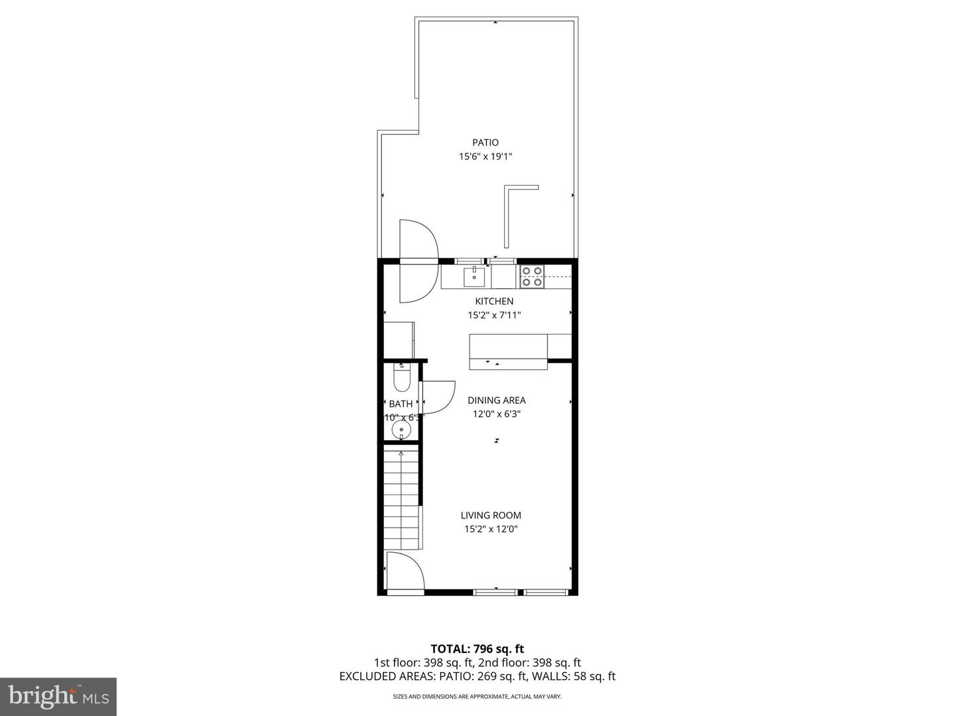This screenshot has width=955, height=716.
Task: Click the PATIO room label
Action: tap(485, 143)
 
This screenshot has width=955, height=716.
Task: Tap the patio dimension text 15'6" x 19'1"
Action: tap(485, 157)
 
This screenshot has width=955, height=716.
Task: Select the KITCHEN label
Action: tap(494, 302)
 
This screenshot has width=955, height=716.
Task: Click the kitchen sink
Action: tap(474, 276)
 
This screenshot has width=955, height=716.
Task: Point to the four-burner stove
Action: tap(532, 276)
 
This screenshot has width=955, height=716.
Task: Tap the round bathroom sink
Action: tap(401, 431)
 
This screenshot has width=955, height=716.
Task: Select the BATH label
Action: tap(401, 404)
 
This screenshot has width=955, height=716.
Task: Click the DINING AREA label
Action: tap(496, 400)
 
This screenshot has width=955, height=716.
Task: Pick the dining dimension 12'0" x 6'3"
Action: tap(496, 414)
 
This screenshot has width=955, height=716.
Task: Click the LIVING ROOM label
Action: tap(491, 515)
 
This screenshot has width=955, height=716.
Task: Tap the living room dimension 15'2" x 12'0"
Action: tap(491, 529)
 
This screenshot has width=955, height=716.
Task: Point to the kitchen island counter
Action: tap(508, 351)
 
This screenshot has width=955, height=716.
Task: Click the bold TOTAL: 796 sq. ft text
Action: tap(477, 649)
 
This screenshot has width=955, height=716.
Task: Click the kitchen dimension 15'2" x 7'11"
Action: tap(494, 316)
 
